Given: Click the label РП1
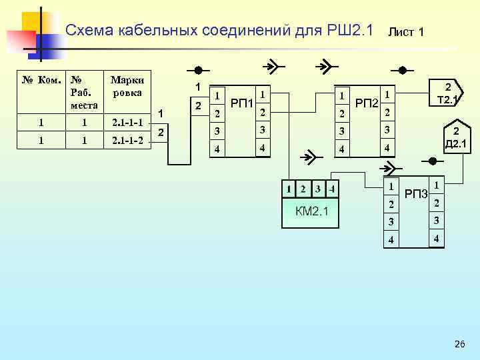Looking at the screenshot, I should pyautogui.click(x=241, y=103).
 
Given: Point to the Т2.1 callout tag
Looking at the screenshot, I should pyautogui.click(x=447, y=93).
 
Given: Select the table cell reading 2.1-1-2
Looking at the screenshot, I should pyautogui.click(x=127, y=141).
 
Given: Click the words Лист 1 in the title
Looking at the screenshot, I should pyautogui.click(x=406, y=31).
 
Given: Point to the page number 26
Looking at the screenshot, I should pyautogui.click(x=459, y=344).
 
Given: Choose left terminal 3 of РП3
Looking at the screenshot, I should pyautogui.click(x=392, y=221).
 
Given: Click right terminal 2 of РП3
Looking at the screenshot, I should pyautogui.click(x=436, y=203).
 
